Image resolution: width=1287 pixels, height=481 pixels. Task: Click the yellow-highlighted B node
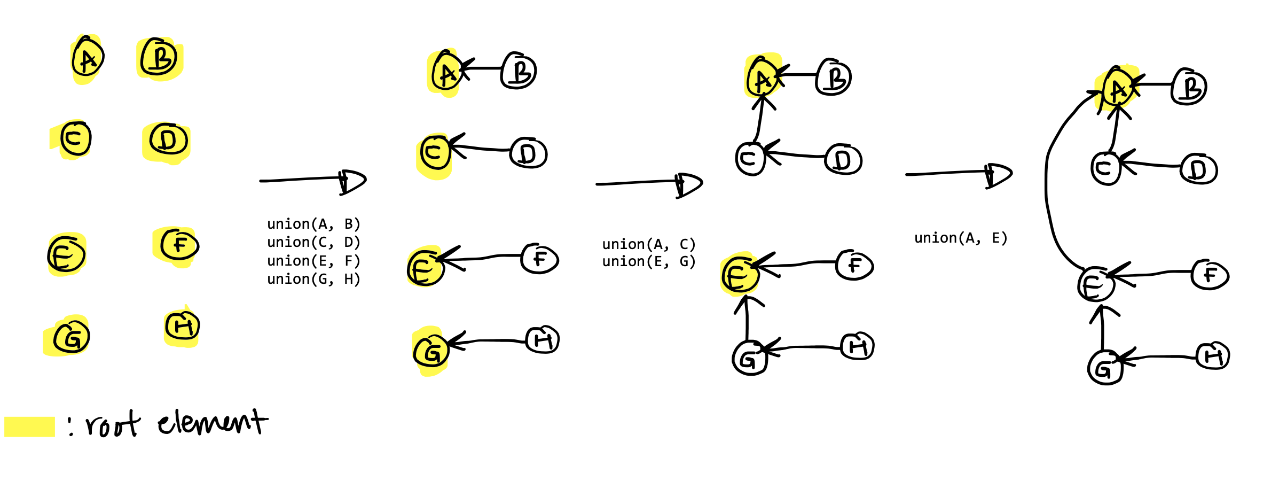[x=159, y=58]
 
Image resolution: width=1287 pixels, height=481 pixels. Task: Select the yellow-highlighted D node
[x=168, y=140]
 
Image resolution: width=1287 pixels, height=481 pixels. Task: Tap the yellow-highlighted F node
[x=179, y=245]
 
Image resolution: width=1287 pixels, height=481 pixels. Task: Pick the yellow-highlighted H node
[x=182, y=326]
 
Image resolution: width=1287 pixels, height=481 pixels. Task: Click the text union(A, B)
[x=314, y=224]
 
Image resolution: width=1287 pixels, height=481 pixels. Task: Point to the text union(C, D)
[x=314, y=243]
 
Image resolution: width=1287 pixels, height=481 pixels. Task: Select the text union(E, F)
[x=314, y=261]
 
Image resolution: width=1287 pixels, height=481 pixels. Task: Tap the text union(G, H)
[x=314, y=279]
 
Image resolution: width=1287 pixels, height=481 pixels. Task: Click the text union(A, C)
[x=649, y=244]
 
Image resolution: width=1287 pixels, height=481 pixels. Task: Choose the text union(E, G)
[x=649, y=262]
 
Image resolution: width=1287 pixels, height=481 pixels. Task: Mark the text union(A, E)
[x=961, y=238]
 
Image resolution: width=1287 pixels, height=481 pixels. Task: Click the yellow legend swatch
[x=29, y=426]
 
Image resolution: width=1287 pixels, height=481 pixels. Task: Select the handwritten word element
[x=212, y=422]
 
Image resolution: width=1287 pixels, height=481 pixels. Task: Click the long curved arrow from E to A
[x=1048, y=182]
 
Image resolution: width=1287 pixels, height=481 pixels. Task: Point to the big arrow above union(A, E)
[x=959, y=174]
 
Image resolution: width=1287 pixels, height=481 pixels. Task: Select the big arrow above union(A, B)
[x=313, y=181]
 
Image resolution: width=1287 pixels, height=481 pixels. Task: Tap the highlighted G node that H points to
[x=430, y=351]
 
